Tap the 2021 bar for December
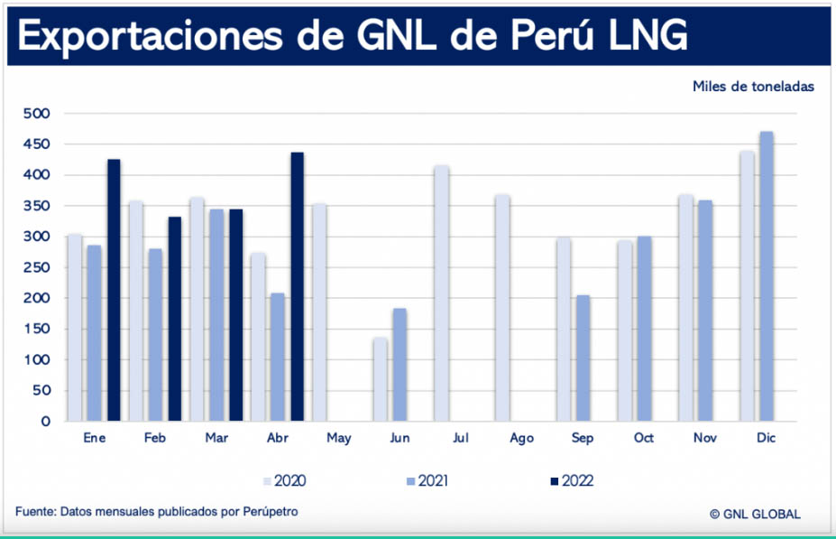coord(767,276)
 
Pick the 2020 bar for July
coord(441,293)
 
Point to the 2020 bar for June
coord(380,379)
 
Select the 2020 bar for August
coord(501,308)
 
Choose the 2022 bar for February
coord(175,319)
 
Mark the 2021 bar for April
coord(278,357)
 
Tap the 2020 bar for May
coord(318,312)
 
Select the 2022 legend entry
coord(570,481)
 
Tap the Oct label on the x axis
coord(644,438)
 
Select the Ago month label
coord(521,438)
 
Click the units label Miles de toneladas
coord(754,87)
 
